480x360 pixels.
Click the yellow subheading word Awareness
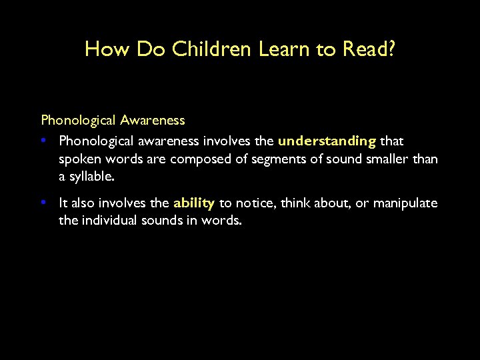coord(153,121)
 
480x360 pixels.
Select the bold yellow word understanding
coord(327,141)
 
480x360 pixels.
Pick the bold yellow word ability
coord(193,203)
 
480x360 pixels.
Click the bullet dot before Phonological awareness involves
coord(43,141)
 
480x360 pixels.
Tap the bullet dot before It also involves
coord(43,203)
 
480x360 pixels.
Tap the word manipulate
coord(405,203)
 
